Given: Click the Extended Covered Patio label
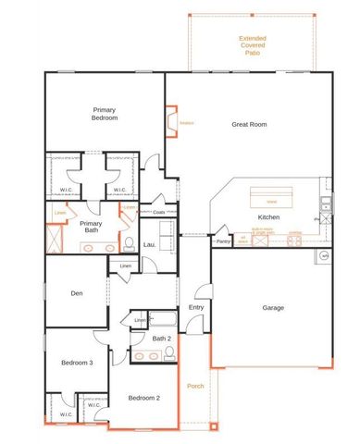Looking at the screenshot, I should pyautogui.click(x=253, y=45).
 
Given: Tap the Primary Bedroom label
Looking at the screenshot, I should pyautogui.click(x=104, y=113).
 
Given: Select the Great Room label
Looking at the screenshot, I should pyautogui.click(x=248, y=123).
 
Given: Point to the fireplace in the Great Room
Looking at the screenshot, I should pyautogui.click(x=170, y=122).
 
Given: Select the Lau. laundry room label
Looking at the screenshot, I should pyautogui.click(x=149, y=244).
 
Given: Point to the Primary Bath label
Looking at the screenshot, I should pyautogui.click(x=91, y=227).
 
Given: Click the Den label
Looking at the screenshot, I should pyautogui.click(x=77, y=294).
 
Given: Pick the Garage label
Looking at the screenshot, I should pyautogui.click(x=272, y=307).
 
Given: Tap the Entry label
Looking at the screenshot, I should pyautogui.click(x=196, y=307).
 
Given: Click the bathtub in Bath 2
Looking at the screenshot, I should pyautogui.click(x=163, y=320).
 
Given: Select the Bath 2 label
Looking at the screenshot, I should pyautogui.click(x=162, y=339).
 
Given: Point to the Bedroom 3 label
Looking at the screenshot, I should pyautogui.click(x=78, y=363).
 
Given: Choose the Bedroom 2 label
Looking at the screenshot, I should pyautogui.click(x=143, y=398).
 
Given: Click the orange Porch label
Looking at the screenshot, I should pyautogui.click(x=194, y=387).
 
